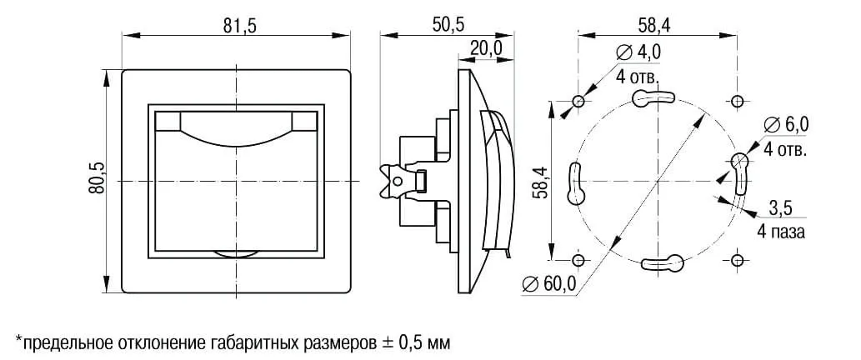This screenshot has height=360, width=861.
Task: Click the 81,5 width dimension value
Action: pyautogui.click(x=238, y=25)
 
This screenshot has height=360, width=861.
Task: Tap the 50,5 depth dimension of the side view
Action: pyautogui.click(x=448, y=25)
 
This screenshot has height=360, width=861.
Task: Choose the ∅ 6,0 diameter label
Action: pyautogui.click(x=787, y=125)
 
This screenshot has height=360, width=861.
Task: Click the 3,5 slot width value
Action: pyautogui.click(x=781, y=207)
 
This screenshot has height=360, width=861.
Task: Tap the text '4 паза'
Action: pyautogui.click(x=781, y=232)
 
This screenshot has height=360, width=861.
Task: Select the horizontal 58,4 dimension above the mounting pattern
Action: pyautogui.click(x=653, y=25)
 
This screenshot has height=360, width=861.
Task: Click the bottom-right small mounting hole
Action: pyautogui.click(x=737, y=260)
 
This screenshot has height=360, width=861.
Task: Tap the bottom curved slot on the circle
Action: pyautogui.click(x=662, y=264)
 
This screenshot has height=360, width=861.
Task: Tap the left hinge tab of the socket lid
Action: pyautogui.click(x=168, y=122)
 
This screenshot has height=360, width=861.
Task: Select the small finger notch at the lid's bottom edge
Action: pyautogui.click(x=238, y=251)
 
